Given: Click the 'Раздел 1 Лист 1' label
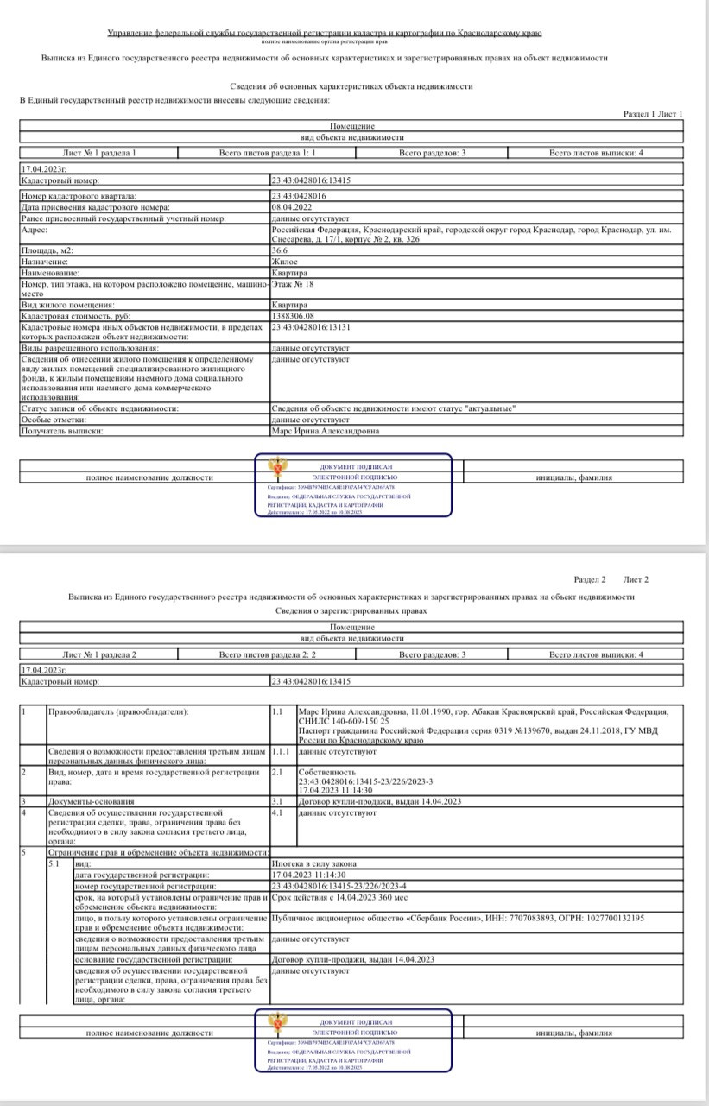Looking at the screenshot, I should (652, 114).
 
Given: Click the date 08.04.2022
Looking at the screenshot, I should (292, 207).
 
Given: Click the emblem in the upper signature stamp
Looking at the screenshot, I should (275, 471).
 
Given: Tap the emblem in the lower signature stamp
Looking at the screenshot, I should (275, 1025).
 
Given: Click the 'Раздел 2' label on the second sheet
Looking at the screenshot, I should (590, 579).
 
